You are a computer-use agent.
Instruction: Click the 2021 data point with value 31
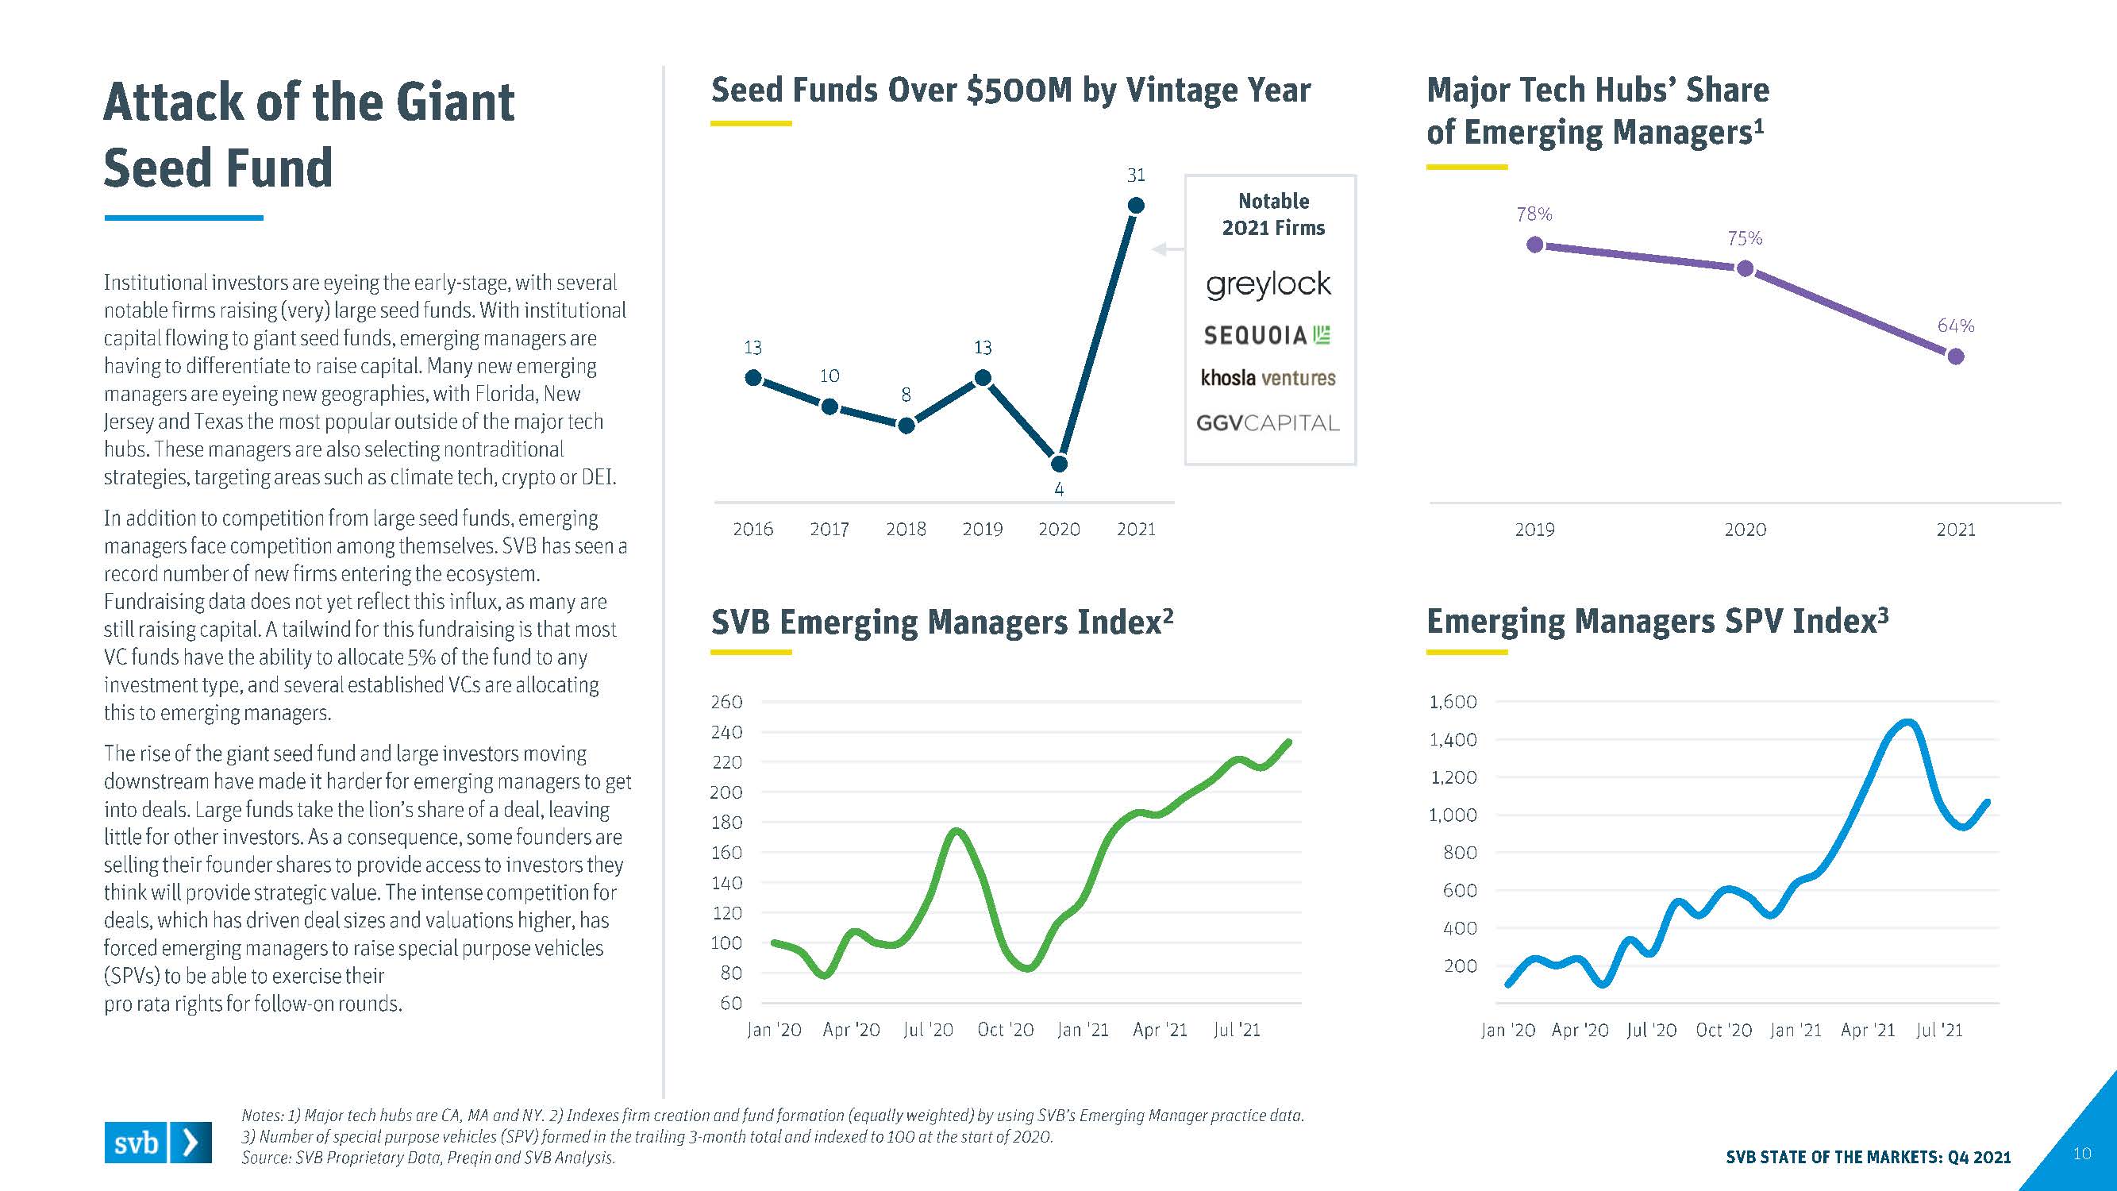[1136, 205]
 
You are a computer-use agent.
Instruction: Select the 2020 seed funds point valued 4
[1060, 464]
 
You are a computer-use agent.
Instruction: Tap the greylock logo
[1268, 284]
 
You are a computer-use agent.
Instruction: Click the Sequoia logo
[1267, 334]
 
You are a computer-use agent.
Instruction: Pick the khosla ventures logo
[1268, 378]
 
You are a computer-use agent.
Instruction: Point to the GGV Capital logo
[1267, 423]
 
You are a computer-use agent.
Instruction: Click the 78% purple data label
[1534, 214]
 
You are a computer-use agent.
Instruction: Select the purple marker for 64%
[1956, 356]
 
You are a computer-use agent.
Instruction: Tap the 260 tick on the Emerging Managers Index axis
[726, 702]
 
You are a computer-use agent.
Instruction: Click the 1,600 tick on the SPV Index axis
[1453, 702]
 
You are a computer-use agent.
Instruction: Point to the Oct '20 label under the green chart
[1005, 1030]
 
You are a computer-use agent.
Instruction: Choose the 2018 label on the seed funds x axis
[906, 530]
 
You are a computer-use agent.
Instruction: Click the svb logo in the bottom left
[158, 1143]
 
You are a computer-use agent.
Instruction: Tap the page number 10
[2081, 1154]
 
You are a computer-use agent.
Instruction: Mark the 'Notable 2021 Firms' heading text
[1273, 214]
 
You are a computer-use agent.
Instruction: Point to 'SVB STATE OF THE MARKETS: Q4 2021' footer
[1868, 1158]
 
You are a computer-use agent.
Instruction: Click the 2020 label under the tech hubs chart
[1745, 530]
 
